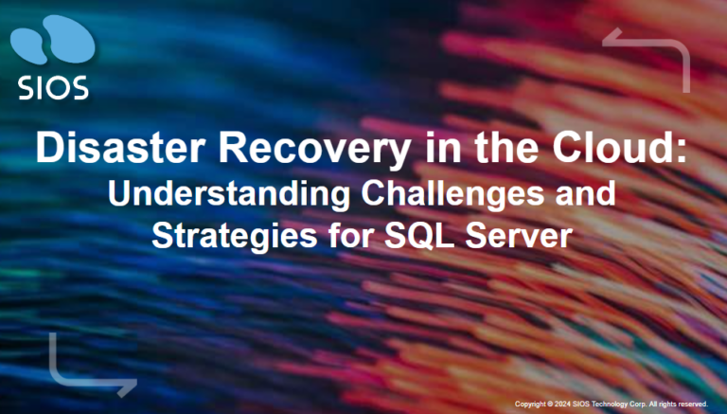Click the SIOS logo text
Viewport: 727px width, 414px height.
[53, 87]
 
